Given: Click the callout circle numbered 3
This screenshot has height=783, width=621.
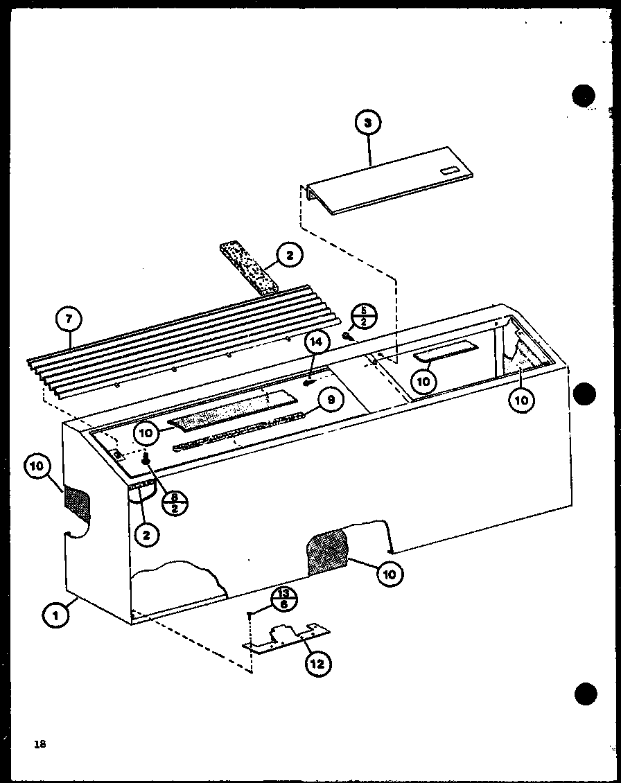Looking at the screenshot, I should pos(368,123).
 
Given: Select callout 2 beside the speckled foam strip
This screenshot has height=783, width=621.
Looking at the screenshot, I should pos(289,256).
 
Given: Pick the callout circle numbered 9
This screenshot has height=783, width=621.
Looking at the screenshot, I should pos(331,399).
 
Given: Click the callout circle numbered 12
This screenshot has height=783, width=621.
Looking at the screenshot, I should pos(317,664).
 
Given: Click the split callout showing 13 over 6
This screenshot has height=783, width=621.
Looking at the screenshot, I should pos(282,597).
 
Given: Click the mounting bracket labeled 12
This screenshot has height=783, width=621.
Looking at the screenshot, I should pos(286,639).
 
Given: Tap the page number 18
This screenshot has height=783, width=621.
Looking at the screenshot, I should pos(39,744).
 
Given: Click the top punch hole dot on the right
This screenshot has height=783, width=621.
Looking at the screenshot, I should pos(584,96).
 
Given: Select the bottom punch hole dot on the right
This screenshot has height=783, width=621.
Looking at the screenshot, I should pos(586,693).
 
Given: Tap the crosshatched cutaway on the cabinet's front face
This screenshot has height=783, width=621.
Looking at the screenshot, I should pos(328,552).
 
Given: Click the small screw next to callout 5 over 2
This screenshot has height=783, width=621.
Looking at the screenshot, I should pos(345,336).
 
